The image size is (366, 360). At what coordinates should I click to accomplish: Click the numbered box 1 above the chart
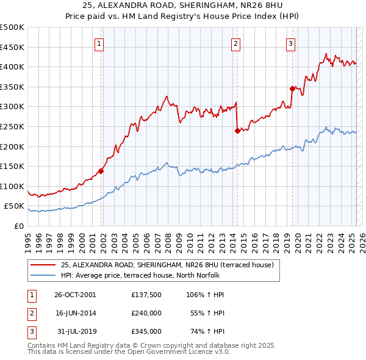coord(99,43)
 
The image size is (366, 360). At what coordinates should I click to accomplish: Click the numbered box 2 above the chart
coord(235,43)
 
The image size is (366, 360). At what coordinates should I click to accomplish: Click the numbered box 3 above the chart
coord(291,43)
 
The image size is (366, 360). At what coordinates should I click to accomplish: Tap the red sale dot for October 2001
coord(101,171)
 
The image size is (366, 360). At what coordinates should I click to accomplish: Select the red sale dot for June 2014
coord(237,130)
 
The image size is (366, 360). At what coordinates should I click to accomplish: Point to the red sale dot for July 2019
coord(292,88)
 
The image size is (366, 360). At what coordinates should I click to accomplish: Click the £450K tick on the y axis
coord(12,47)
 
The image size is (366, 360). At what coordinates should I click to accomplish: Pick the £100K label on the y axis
coord(12,186)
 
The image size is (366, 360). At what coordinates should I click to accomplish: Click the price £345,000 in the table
coord(146,331)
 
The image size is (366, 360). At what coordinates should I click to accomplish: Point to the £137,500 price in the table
coord(146,295)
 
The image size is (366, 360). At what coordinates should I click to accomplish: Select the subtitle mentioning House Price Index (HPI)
coord(182,18)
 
